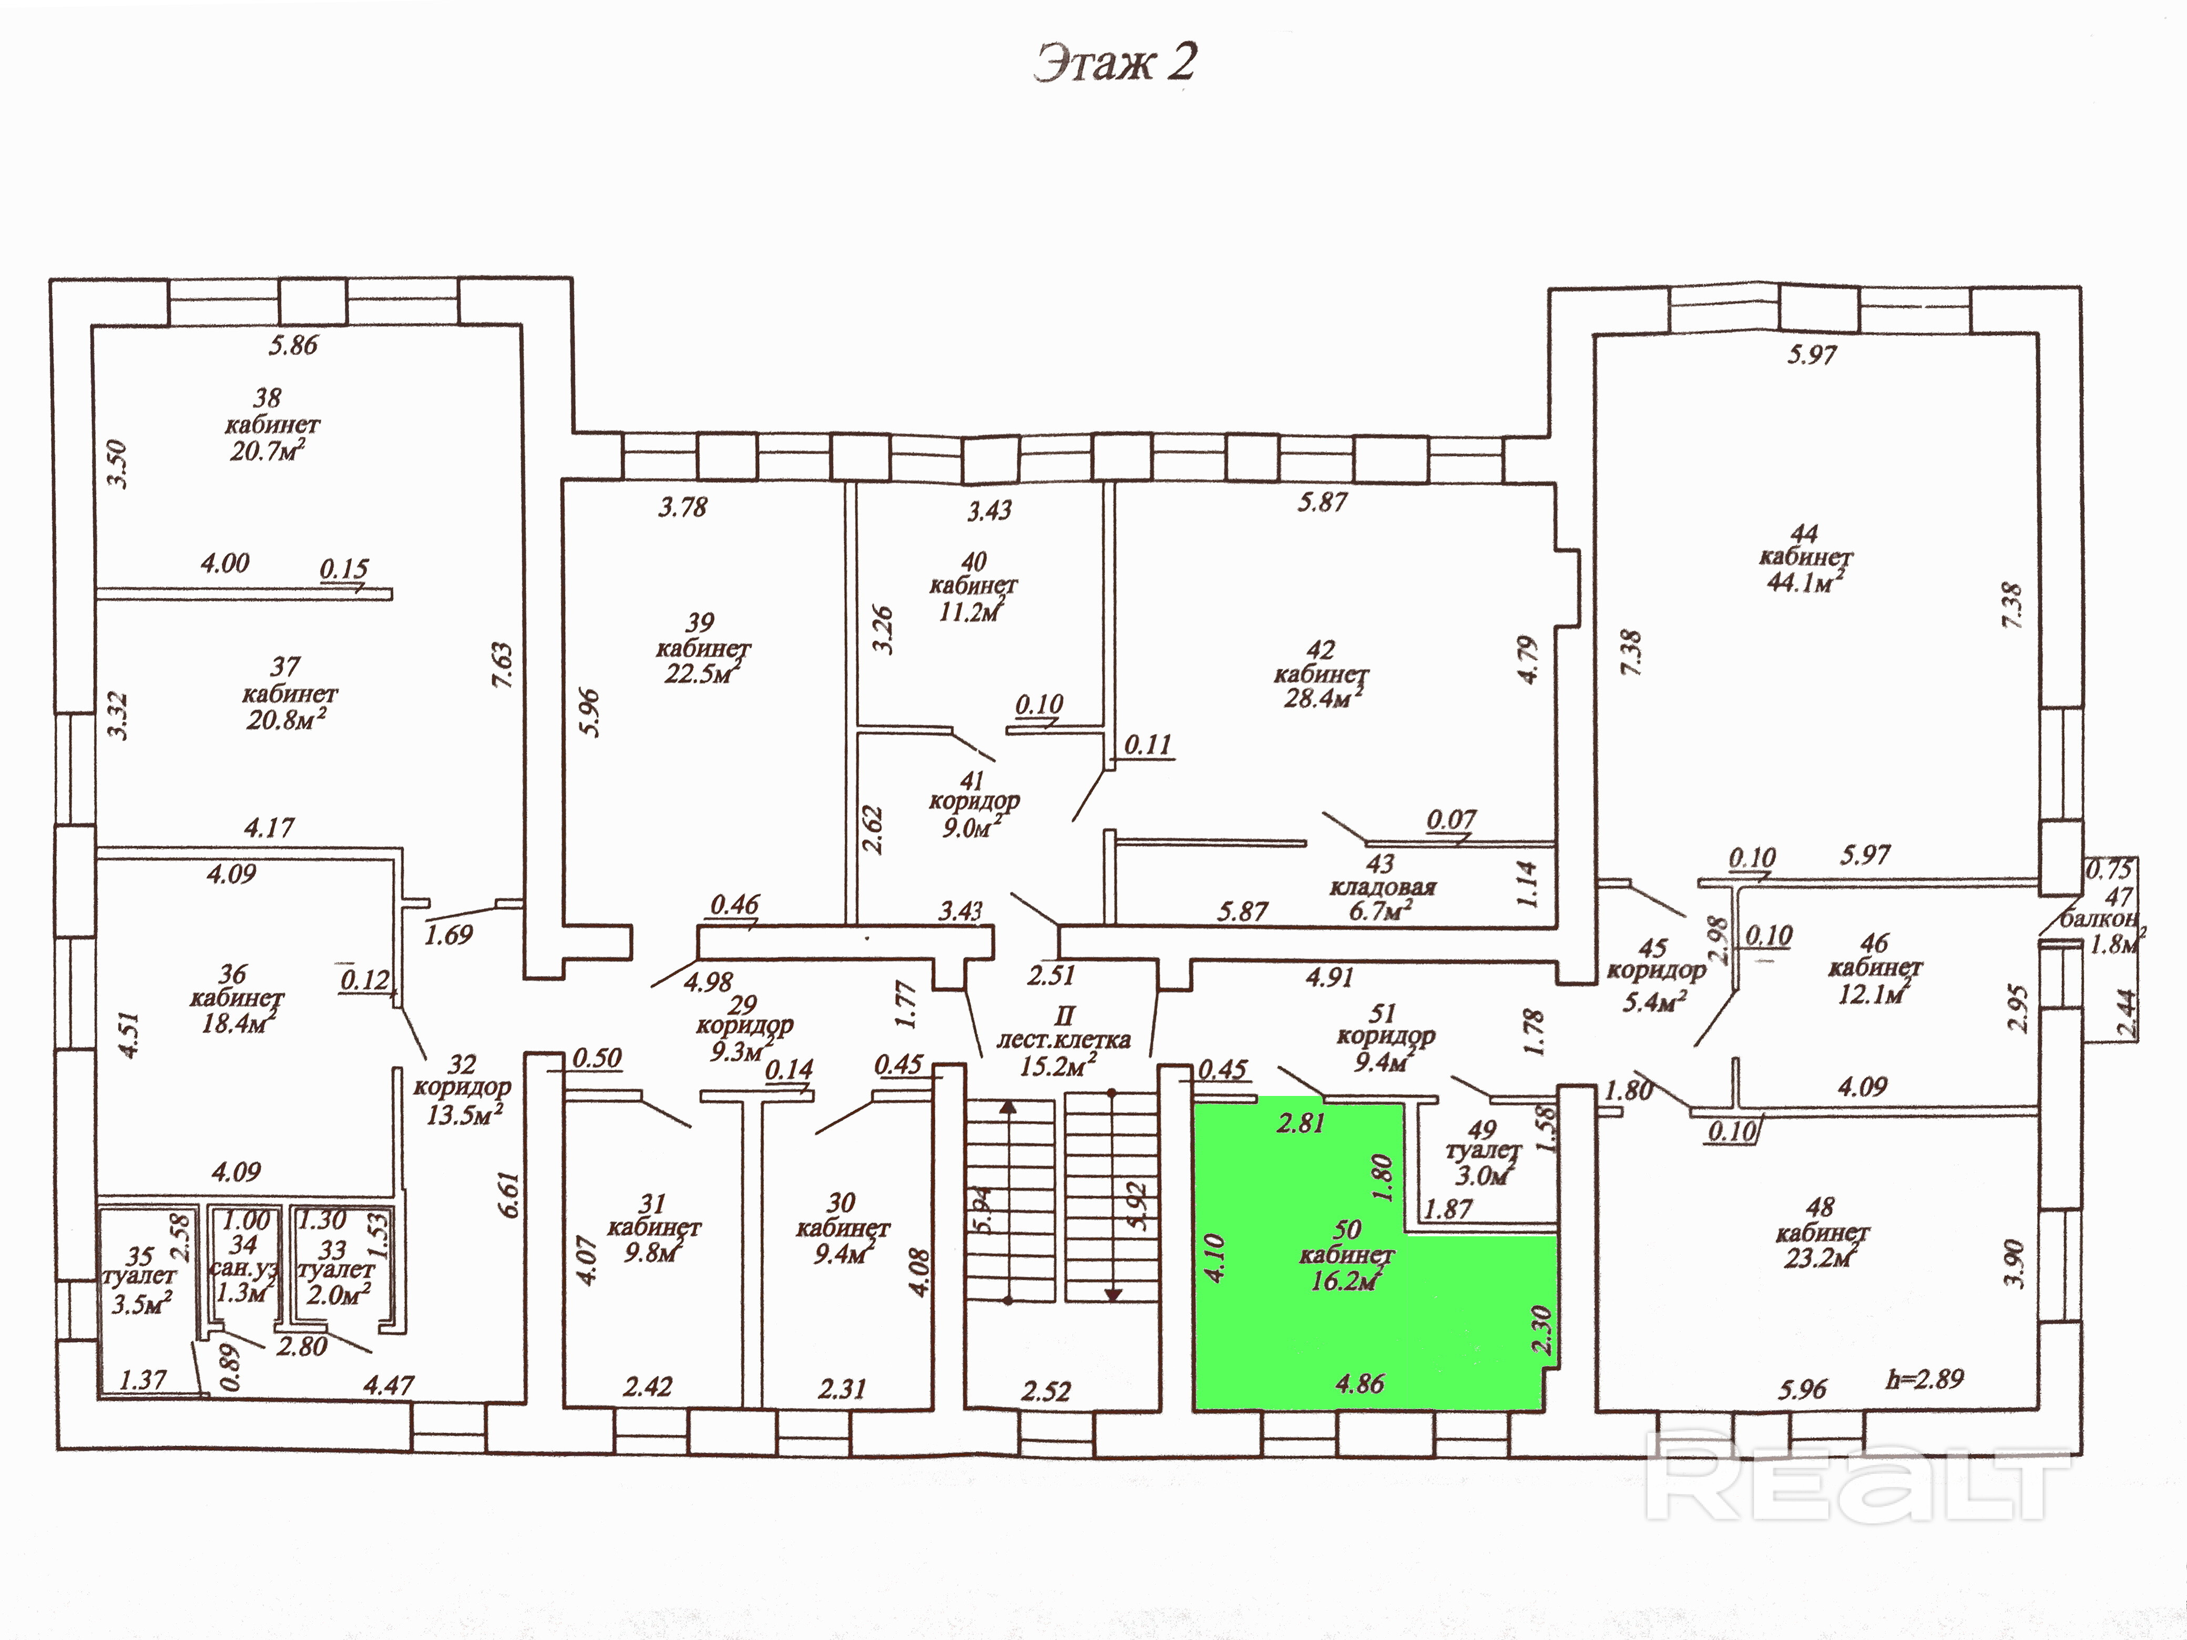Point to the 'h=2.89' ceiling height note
[x=1924, y=1379]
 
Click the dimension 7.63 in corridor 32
[x=502, y=665]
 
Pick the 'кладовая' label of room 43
[x=1382, y=887]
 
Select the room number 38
[x=267, y=398]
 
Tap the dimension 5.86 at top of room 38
[x=294, y=345]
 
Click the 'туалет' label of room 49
[x=1482, y=1152]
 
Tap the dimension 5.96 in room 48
[x=1802, y=1389]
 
